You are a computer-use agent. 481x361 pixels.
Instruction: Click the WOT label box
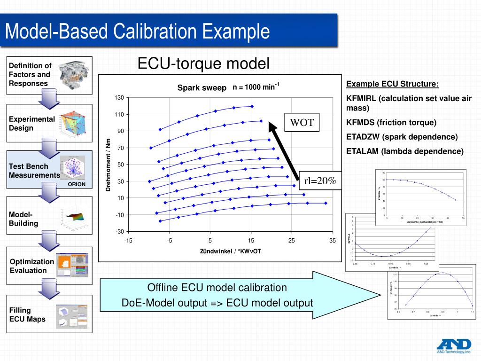(x=302, y=123)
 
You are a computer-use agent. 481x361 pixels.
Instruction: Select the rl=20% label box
(x=320, y=181)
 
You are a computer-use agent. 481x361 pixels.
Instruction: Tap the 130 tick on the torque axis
(x=119, y=97)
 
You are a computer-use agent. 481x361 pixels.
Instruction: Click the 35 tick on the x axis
(x=333, y=241)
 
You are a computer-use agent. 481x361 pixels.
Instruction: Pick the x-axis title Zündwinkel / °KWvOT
(x=230, y=251)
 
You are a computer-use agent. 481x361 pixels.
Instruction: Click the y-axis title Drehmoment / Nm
(x=108, y=165)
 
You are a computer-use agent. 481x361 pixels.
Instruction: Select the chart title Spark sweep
(x=202, y=88)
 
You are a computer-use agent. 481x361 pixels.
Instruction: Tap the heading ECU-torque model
(x=203, y=63)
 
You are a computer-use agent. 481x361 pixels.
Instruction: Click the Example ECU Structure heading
(x=392, y=85)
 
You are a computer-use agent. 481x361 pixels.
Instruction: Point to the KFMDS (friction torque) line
(x=391, y=123)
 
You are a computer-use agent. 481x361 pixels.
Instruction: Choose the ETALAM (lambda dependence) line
(x=404, y=151)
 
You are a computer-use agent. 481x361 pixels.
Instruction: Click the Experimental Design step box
(x=49, y=124)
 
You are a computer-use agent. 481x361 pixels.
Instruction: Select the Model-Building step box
(x=49, y=219)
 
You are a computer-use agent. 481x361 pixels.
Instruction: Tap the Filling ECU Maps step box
(x=49, y=314)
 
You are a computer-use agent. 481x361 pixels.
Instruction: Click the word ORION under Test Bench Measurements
(x=77, y=184)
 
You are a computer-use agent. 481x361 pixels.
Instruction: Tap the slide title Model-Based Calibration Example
(x=137, y=32)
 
